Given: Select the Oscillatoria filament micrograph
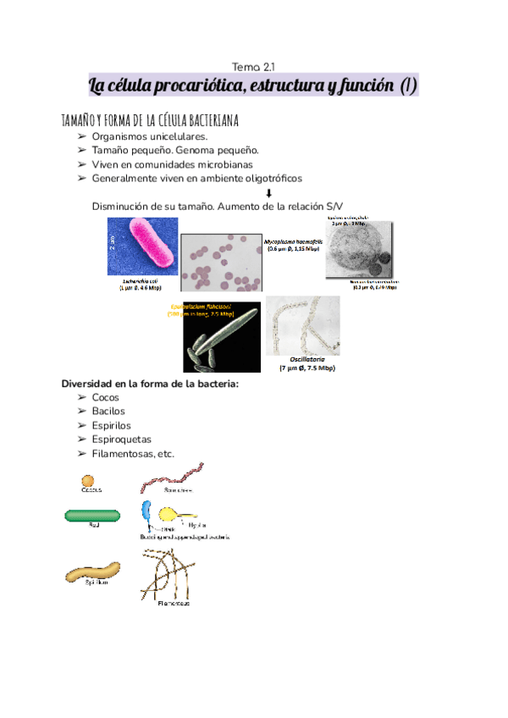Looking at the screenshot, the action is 302,327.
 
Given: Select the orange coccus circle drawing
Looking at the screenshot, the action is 88,480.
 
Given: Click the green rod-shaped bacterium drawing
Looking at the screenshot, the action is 92,516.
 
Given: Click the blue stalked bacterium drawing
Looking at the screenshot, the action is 147,512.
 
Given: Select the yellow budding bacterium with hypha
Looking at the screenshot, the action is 174,513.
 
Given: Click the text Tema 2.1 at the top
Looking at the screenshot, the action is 253,66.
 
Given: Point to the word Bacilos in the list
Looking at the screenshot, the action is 108,411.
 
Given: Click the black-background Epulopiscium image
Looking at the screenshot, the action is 222,337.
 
